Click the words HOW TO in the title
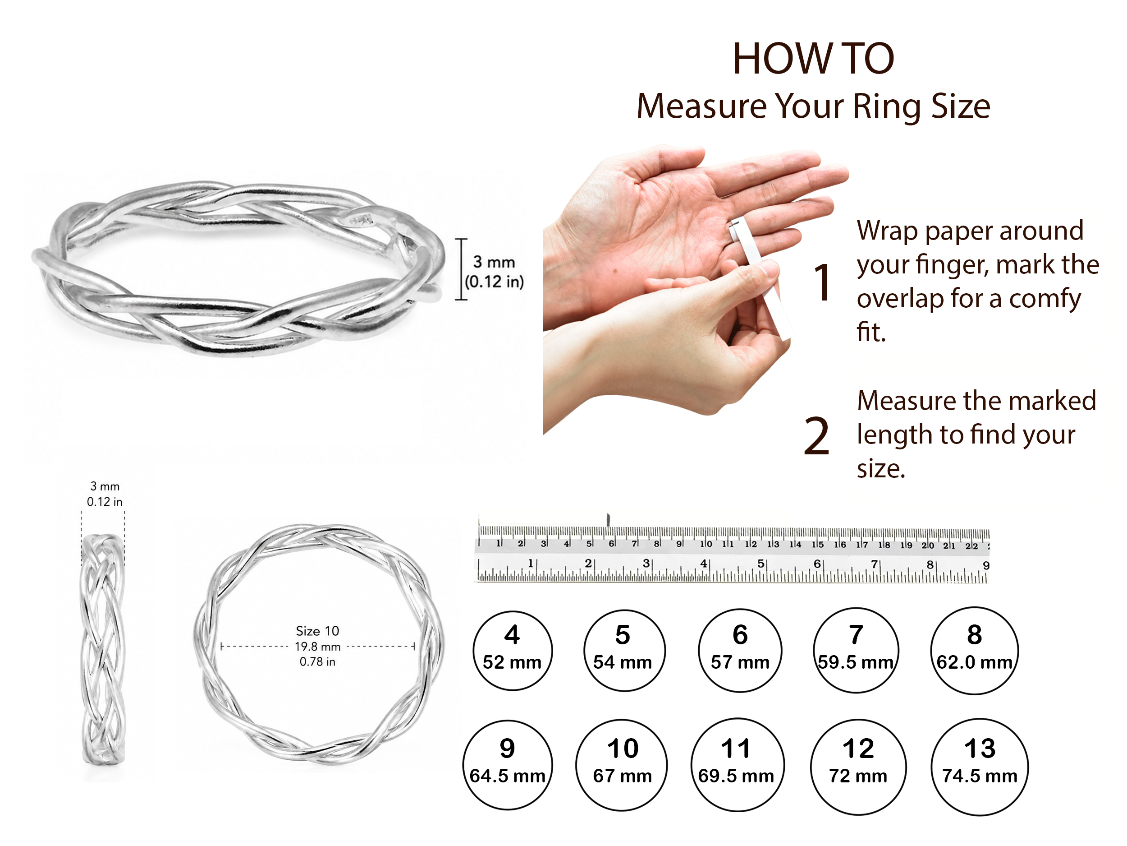click(813, 59)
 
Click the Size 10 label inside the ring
click(317, 631)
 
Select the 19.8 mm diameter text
click(317, 647)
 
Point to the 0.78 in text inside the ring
click(317, 661)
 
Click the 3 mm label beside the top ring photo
click(494, 262)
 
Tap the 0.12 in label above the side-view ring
click(105, 502)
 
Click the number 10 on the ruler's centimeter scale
click(706, 544)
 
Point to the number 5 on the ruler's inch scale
click(760, 564)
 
